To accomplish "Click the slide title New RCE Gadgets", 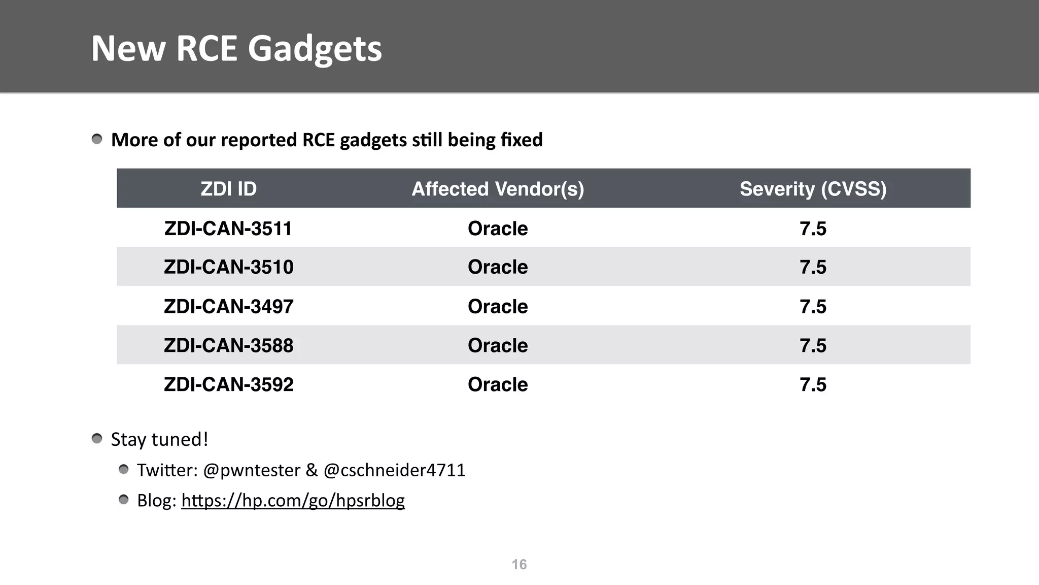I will [236, 49].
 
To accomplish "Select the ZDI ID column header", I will [228, 189].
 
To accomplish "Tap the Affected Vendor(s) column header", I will [498, 189].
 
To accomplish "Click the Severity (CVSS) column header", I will [813, 189].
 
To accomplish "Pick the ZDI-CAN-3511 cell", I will [228, 229].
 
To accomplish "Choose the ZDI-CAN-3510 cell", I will [228, 267].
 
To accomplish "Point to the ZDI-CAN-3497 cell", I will [228, 307].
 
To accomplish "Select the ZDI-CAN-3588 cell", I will [228, 346].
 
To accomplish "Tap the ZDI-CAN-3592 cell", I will [228, 385].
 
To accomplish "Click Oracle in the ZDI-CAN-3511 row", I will [498, 229].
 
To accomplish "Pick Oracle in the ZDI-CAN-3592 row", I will [498, 385].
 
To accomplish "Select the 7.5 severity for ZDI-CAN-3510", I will [813, 267].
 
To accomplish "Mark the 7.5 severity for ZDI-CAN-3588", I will [813, 346].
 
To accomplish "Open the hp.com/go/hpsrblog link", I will [293, 501].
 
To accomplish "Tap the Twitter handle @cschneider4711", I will [394, 470].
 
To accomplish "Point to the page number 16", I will [519, 565].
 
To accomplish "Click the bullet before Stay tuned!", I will [97, 439].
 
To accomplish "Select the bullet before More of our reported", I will [97, 139].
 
